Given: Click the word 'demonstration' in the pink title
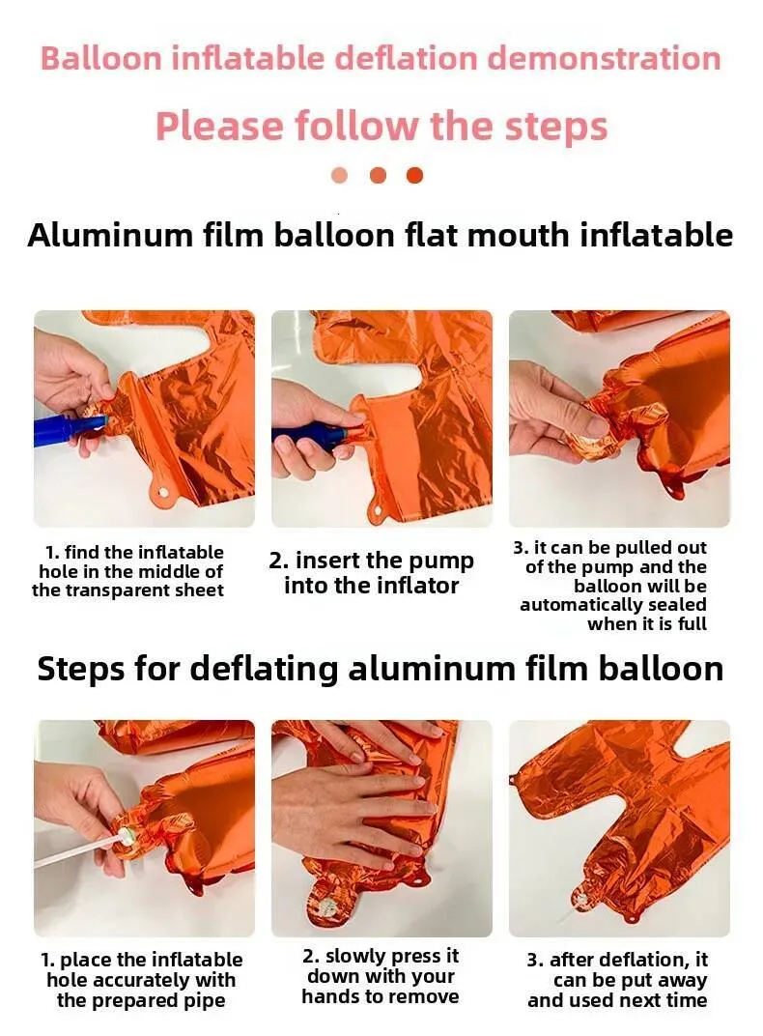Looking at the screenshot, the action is (604, 58).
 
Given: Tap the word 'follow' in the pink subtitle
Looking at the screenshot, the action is (355, 126).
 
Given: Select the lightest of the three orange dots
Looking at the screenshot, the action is (339, 175).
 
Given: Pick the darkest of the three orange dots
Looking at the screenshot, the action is (414, 175).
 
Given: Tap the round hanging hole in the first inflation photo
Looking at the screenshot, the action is (160, 495).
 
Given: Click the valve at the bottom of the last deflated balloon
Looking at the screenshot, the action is (580, 899).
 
